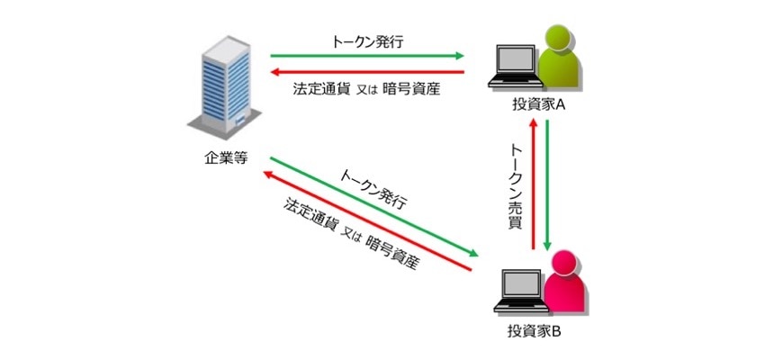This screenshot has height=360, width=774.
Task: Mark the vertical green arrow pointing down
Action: [x=549, y=184]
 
